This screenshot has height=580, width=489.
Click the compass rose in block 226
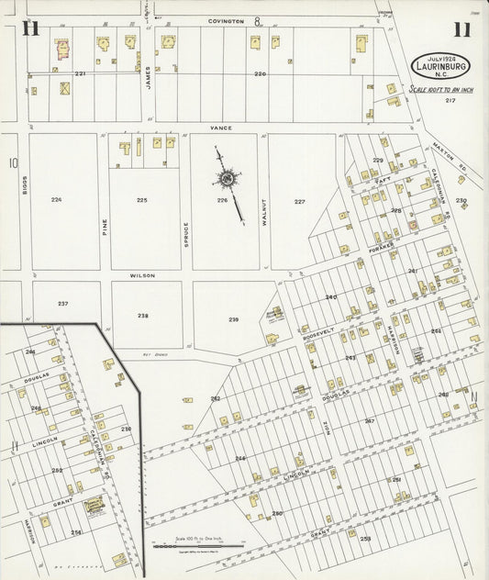click(x=226, y=178)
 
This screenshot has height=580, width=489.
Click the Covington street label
click(x=226, y=20)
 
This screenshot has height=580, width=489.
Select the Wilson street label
click(x=142, y=275)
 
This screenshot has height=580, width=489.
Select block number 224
click(x=57, y=199)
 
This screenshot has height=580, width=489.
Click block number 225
click(x=141, y=199)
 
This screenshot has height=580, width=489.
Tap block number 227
click(x=299, y=201)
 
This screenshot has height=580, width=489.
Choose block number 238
click(x=143, y=315)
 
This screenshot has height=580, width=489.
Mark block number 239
click(x=234, y=318)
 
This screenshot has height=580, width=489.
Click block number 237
click(x=62, y=303)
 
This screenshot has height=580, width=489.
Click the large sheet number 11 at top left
click(x=29, y=29)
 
